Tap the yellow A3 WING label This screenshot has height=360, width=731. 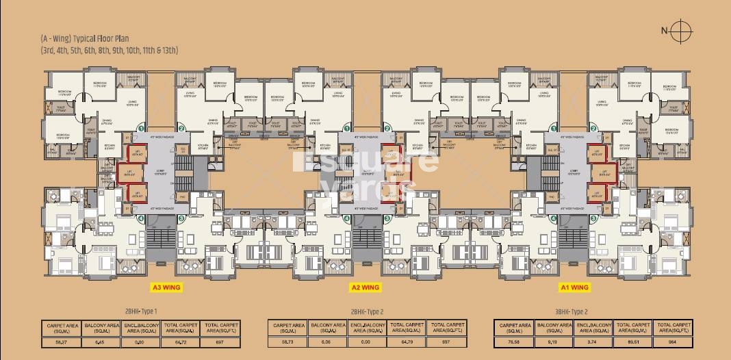[165, 287]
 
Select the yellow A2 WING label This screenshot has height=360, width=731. [365, 287]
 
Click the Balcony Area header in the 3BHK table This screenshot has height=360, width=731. [554, 328]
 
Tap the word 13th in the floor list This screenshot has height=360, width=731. [170, 50]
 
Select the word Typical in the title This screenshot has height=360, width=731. [88, 40]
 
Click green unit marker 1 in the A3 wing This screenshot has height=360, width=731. [140, 128]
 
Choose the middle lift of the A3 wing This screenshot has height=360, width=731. [129, 173]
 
